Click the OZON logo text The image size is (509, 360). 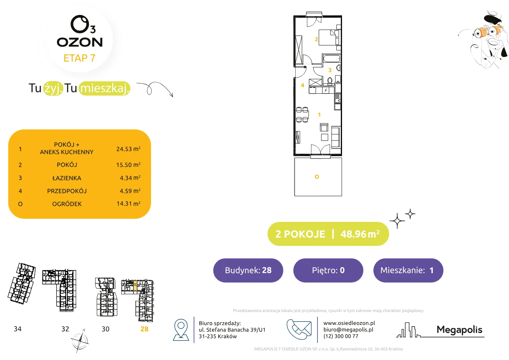80,42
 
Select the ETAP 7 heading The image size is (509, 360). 79,58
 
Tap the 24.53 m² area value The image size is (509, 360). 128,149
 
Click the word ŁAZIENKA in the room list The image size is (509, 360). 67,178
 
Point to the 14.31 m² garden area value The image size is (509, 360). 128,203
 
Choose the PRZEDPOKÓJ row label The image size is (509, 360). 67,191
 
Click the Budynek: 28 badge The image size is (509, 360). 248,270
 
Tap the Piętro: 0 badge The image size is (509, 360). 328,270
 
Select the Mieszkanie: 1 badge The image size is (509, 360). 408,270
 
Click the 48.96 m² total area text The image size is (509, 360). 360,234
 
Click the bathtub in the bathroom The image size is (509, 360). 332,59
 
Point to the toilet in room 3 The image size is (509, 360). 330,80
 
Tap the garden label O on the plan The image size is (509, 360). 317,177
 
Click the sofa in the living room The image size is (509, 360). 336,137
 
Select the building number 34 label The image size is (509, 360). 17,329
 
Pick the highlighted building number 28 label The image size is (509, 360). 144,329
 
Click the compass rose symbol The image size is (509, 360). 79,341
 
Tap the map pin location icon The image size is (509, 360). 181,329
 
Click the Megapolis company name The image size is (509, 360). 459,329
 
